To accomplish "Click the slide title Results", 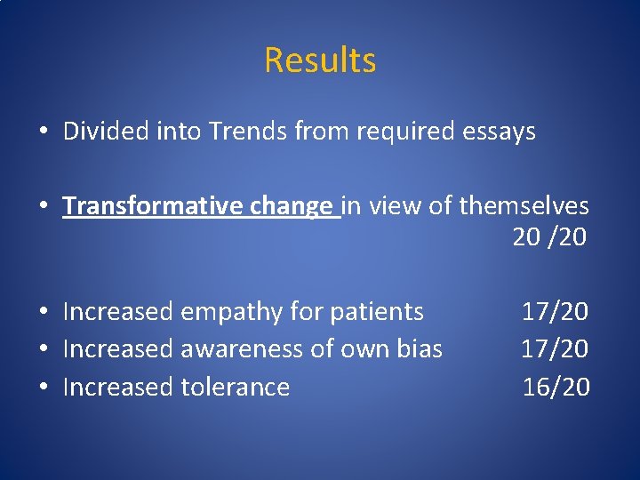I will coord(320,60).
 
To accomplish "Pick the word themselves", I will coord(524,206).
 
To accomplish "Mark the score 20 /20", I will coord(549,237).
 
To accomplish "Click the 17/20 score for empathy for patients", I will coord(555,312).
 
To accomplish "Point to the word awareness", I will coord(240,349).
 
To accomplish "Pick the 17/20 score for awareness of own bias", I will coord(555,349).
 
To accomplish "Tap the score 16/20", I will coord(555,387).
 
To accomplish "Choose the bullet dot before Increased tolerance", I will coord(43,388).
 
